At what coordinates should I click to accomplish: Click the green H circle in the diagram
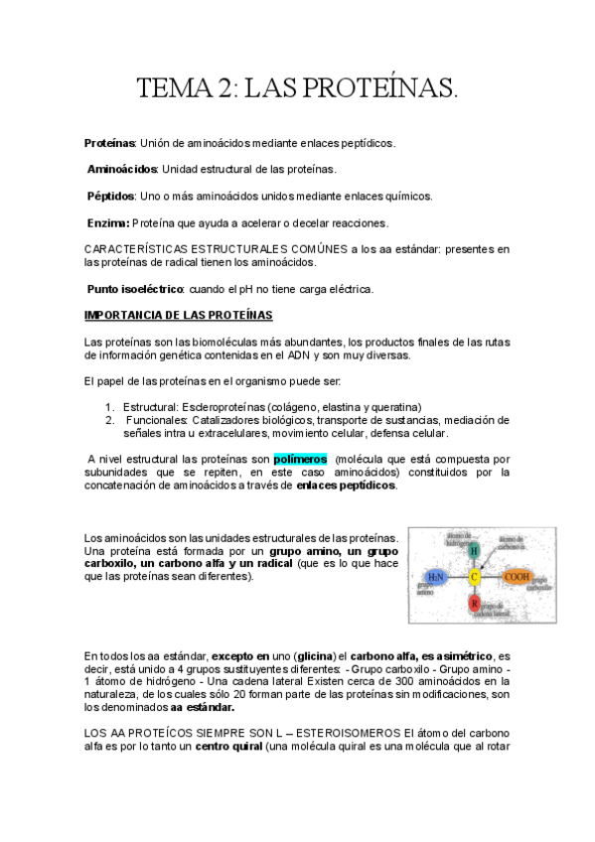click(475, 550)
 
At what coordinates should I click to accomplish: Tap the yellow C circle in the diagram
click(475, 576)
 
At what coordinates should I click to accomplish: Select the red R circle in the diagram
click(475, 602)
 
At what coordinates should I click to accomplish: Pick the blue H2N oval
click(435, 576)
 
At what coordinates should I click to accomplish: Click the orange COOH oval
click(518, 576)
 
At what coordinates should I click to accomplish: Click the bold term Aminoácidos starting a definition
click(122, 169)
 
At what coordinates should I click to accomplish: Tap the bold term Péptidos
click(110, 196)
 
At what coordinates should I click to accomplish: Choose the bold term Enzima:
click(107, 221)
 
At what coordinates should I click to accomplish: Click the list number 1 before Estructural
click(109, 407)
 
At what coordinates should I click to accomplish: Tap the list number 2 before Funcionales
click(109, 420)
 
